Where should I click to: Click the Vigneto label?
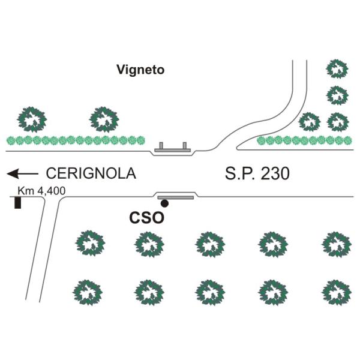[140, 70]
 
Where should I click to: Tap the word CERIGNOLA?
[91, 174]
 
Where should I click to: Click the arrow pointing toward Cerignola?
[23, 174]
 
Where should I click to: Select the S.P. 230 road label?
[257, 174]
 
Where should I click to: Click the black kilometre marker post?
[18, 203]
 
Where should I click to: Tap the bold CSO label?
[146, 218]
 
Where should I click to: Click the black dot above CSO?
[164, 204]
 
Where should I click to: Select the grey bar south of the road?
[175, 197]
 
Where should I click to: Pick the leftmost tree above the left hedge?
[31, 119]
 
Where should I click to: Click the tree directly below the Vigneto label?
[105, 119]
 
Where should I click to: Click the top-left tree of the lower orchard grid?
[89, 244]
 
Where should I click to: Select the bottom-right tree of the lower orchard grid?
[335, 292]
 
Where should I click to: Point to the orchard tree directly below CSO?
[148, 244]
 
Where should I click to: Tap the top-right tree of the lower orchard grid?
[335, 244]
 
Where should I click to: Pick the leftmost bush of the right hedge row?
[261, 140]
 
